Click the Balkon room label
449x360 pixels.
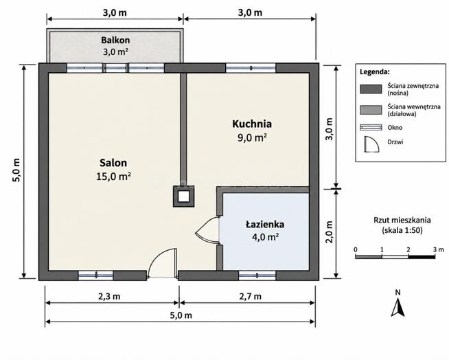tap(115, 40)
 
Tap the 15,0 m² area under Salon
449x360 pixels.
tap(114, 177)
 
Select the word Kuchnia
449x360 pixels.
tap(252, 124)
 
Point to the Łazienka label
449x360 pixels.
tap(265, 224)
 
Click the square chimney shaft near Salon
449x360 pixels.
tap(183, 196)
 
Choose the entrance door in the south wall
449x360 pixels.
tap(162, 263)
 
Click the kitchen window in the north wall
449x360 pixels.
tap(251, 68)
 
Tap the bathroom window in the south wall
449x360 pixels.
tap(257, 275)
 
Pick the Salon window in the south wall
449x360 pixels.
tap(96, 275)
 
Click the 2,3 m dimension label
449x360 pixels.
tap(109, 296)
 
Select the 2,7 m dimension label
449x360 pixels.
tap(251, 296)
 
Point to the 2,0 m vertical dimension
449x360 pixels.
tap(330, 232)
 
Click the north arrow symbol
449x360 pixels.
tap(398, 307)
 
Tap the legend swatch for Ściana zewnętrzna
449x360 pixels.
tap(371, 89)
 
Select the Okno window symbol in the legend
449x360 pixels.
tap(371, 128)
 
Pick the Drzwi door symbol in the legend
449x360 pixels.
tap(371, 144)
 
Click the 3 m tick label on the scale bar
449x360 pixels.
tap(439, 249)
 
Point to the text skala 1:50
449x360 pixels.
tap(402, 230)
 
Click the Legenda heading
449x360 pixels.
tap(375, 72)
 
